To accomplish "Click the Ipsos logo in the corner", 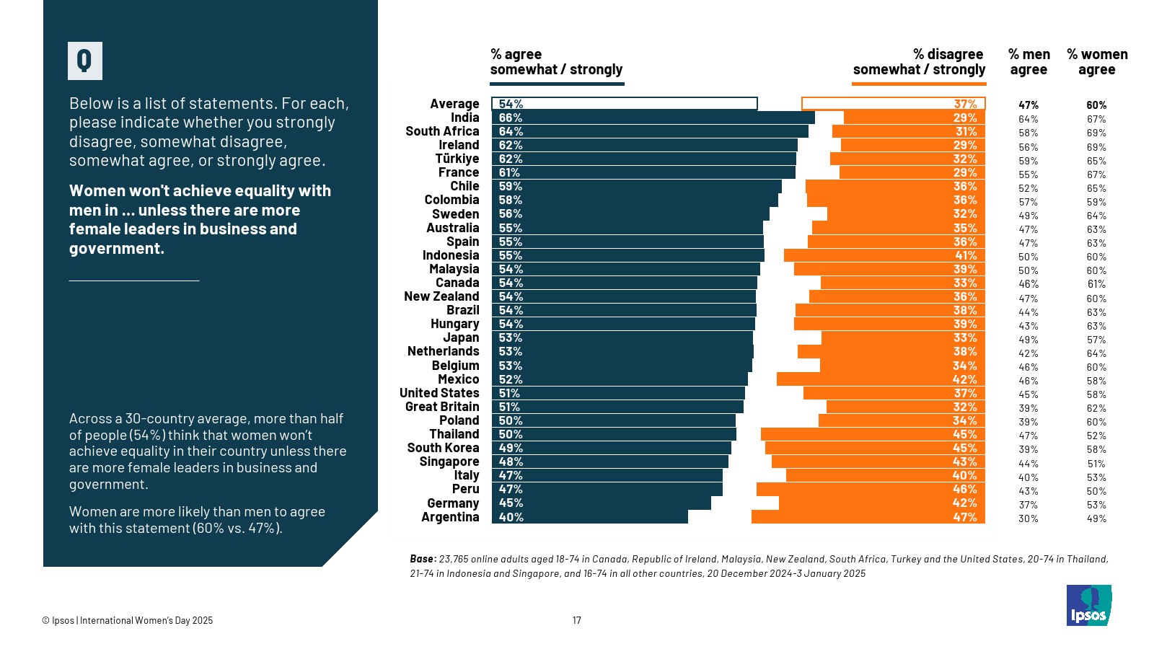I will (x=1088, y=606).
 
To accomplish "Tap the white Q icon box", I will (x=85, y=61).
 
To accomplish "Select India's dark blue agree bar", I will (x=653, y=118).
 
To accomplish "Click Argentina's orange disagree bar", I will (x=868, y=517).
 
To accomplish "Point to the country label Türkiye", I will (x=457, y=159).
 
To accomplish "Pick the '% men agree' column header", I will (x=1029, y=62).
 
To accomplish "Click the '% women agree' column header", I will (x=1096, y=62).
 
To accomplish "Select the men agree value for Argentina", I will (x=1028, y=518).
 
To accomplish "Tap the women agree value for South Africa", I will (x=1096, y=133).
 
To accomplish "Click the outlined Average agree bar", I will (x=624, y=104).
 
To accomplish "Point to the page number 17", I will (x=577, y=620).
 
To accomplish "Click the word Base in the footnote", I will (x=422, y=559).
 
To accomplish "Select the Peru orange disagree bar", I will (x=871, y=490).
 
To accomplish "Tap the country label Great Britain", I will (x=441, y=407).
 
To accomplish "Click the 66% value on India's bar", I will (x=511, y=118).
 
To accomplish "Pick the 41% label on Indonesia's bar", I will (x=965, y=255).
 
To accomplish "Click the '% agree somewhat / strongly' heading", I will (x=556, y=62).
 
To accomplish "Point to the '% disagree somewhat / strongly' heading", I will (x=919, y=62).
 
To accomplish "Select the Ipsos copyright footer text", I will (x=128, y=620).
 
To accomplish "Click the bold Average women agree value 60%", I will (x=1096, y=105).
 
